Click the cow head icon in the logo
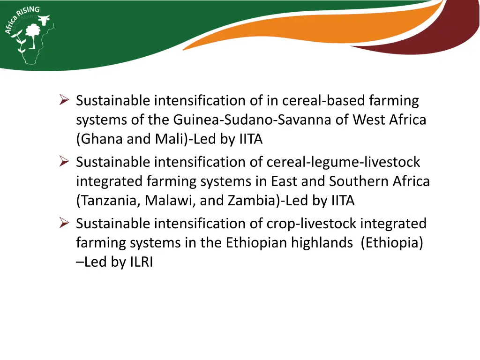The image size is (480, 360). pyautogui.click(x=44, y=21)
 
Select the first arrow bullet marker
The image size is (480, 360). pyautogui.click(x=65, y=100)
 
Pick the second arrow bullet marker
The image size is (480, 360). pyautogui.click(x=65, y=162)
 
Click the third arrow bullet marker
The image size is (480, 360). pyautogui.click(x=65, y=224)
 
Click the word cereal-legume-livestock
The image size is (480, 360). pyautogui.click(x=343, y=162)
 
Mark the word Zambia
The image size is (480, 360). pyautogui.click(x=252, y=201)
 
